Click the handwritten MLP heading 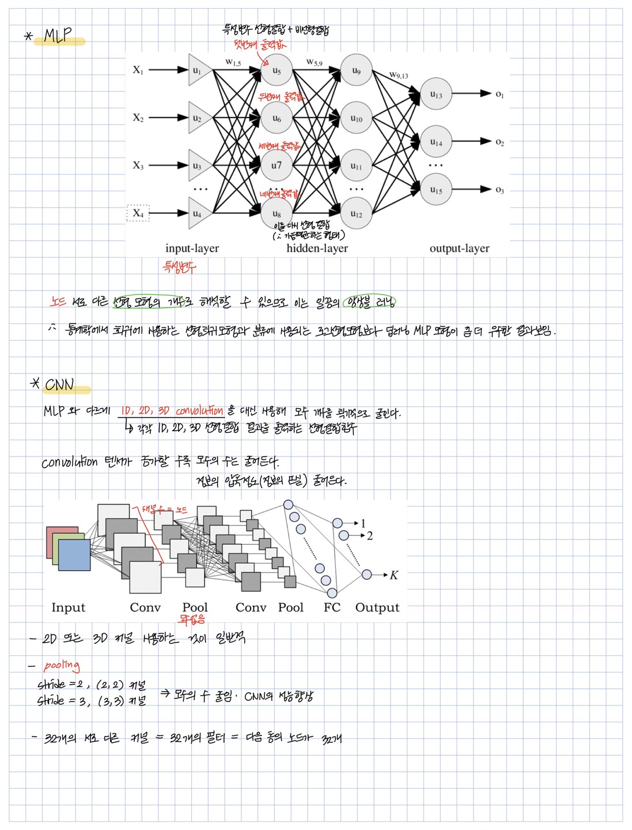(58, 36)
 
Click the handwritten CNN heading (59, 384)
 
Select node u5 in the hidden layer (277, 70)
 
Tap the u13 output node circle (436, 95)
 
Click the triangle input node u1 (198, 70)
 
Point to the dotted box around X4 (138, 213)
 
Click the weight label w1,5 (233, 62)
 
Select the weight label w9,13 (399, 75)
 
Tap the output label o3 (499, 190)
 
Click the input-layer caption (192, 248)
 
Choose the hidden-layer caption (317, 248)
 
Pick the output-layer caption (459, 248)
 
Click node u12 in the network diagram (356, 214)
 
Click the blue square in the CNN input (74, 554)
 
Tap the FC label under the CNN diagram (332, 608)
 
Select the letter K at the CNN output (394, 575)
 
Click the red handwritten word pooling (62, 666)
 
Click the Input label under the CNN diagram (68, 608)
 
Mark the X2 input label (138, 118)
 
